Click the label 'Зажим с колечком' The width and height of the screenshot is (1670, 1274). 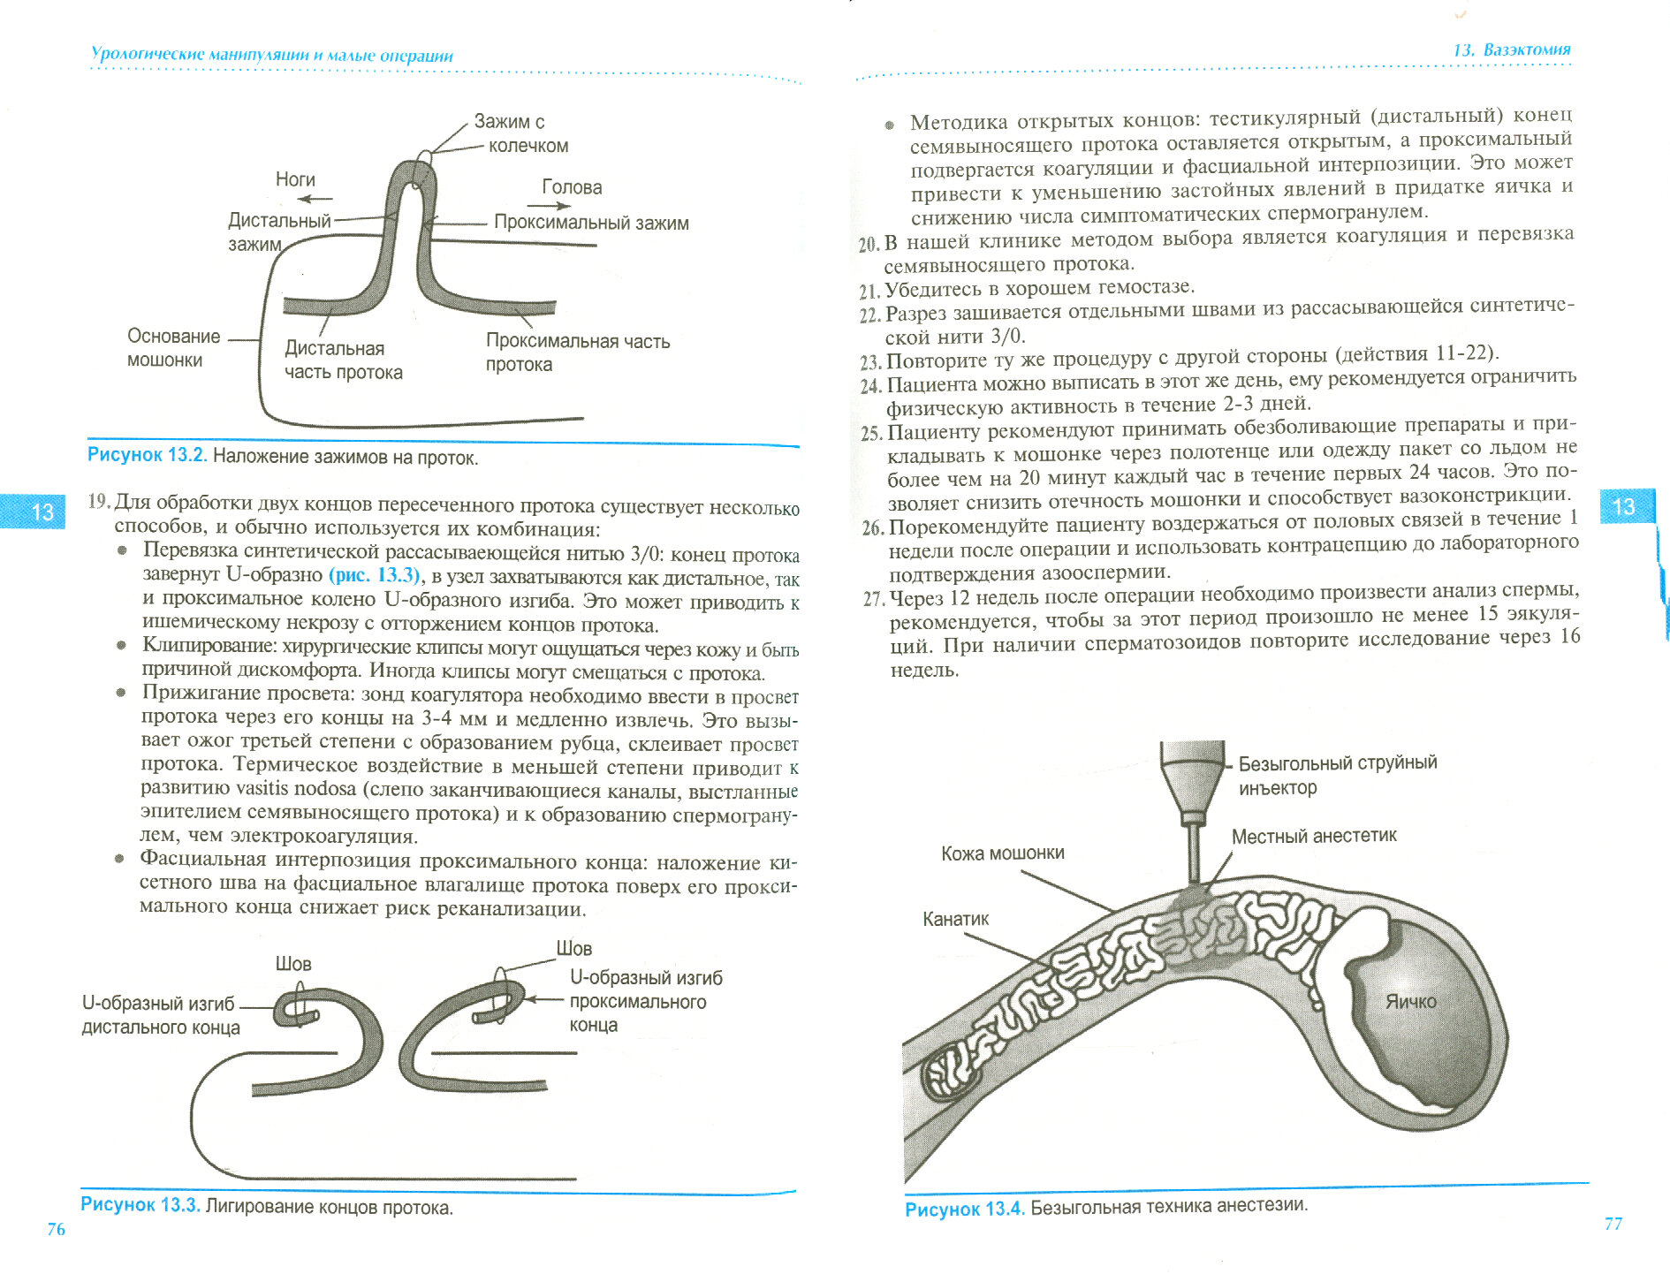[x=520, y=133]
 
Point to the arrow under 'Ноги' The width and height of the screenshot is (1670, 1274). [x=315, y=199]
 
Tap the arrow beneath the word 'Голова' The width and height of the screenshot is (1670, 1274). [x=550, y=206]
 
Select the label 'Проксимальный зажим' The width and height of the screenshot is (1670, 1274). [x=591, y=223]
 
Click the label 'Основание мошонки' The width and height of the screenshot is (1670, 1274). [x=173, y=348]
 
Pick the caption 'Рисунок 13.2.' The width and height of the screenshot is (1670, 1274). [x=147, y=456]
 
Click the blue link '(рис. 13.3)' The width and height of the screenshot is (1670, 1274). [x=375, y=575]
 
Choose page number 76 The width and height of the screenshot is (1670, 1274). [x=56, y=1229]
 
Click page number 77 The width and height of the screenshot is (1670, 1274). [x=1613, y=1224]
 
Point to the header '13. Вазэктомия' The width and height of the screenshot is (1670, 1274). [x=1512, y=49]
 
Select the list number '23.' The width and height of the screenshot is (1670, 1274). [x=870, y=361]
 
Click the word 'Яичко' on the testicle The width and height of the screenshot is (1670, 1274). [x=1410, y=1002]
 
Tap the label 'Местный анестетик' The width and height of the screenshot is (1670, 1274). [x=1314, y=836]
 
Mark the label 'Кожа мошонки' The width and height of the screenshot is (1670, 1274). [x=1002, y=853]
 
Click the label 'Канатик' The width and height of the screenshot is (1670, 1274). [x=955, y=920]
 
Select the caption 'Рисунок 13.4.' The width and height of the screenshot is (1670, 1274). [x=965, y=1209]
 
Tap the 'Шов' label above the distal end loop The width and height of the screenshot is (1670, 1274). [x=293, y=964]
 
